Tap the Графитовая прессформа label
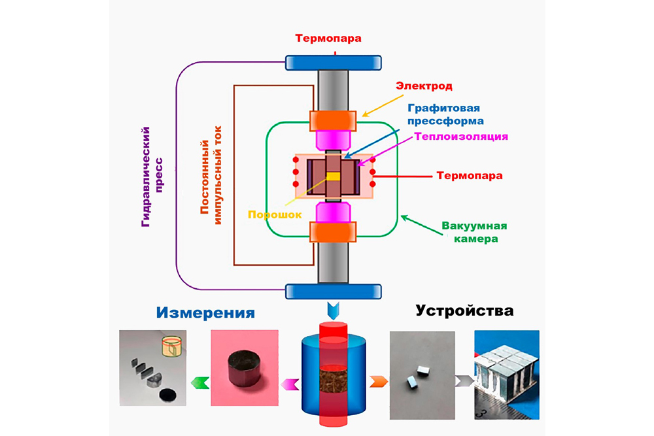pos(445,114)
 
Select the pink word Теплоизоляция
pos(461,136)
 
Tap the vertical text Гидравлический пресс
pos(152,177)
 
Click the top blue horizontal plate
pos(334,63)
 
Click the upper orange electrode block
pos(334,121)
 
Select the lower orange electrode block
pos(334,232)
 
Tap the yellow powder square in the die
pos(334,176)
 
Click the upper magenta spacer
pos(334,139)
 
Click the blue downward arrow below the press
pos(334,307)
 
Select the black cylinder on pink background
pos(243,371)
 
